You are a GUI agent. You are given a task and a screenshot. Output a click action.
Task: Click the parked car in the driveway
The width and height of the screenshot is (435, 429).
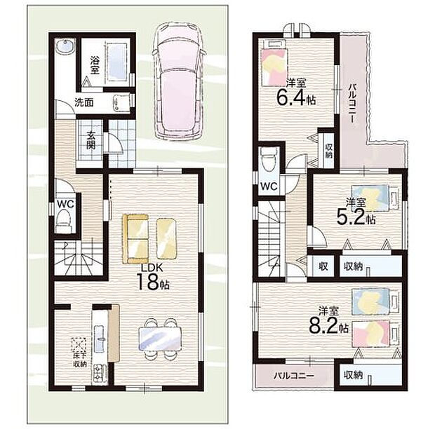click(x=179, y=81)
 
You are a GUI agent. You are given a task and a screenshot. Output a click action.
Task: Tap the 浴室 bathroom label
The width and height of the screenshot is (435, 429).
click(x=95, y=65)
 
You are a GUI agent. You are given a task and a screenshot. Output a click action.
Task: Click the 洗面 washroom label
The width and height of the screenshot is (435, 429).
click(x=84, y=103)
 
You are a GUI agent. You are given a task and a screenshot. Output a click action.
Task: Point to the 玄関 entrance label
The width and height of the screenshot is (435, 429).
click(x=91, y=139)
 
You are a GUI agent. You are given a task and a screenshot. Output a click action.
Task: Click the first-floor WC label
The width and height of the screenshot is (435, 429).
click(x=65, y=204)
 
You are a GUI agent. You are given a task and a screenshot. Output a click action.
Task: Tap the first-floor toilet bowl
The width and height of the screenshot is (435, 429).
click(x=64, y=222)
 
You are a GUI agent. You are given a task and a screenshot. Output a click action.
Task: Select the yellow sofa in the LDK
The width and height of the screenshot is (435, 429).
click(x=135, y=238)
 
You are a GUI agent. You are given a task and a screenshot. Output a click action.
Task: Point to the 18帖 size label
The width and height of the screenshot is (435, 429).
click(x=152, y=281)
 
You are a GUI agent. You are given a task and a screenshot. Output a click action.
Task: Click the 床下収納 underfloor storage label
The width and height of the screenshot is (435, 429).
click(x=80, y=360)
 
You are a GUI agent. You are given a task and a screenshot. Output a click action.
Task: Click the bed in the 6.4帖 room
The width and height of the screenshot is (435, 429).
click(x=274, y=63)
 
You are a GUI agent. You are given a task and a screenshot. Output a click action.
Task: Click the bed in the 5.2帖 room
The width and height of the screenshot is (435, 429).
click(x=375, y=198)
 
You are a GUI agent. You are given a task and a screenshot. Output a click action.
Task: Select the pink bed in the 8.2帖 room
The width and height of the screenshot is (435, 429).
click(x=376, y=334)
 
